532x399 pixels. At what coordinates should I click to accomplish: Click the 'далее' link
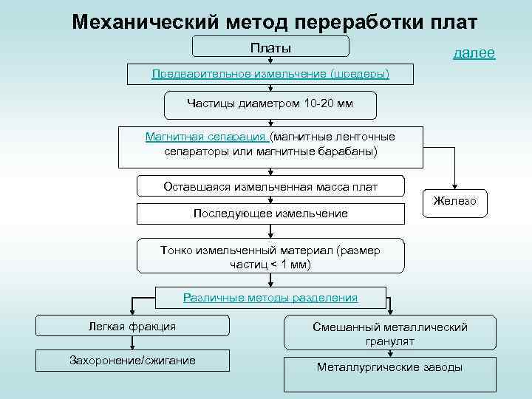point(474,53)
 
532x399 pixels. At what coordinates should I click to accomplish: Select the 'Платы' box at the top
point(270,47)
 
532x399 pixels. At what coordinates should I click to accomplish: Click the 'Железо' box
point(455,202)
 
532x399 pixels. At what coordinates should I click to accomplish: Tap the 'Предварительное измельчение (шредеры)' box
point(270,74)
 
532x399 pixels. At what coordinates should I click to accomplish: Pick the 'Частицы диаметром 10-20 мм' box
point(270,104)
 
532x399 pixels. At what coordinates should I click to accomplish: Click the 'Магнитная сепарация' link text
point(206,137)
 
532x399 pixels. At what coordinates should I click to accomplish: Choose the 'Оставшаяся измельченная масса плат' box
point(270,187)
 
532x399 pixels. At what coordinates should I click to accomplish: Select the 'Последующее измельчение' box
point(270,214)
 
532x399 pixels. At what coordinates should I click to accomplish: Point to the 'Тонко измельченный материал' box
point(270,257)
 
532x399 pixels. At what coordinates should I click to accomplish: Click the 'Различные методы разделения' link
point(270,298)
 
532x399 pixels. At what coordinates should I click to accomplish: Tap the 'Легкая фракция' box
point(132,327)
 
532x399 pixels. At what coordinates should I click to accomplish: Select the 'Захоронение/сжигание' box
point(132,361)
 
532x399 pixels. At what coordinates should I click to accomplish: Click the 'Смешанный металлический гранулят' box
point(389,334)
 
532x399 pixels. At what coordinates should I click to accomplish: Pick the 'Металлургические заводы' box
point(389,368)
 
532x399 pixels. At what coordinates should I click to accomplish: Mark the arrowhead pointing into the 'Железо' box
point(455,188)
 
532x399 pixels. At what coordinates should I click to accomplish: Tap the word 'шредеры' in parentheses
point(361,74)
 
